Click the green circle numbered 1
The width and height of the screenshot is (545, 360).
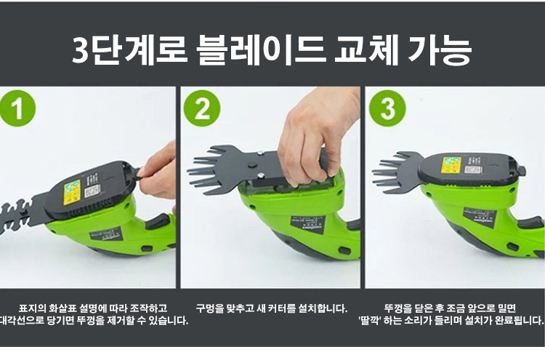(x=17, y=108)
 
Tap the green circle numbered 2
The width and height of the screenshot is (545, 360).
(x=202, y=108)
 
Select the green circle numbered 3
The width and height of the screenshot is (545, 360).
(x=387, y=108)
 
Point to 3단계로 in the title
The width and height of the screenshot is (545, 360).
(x=129, y=50)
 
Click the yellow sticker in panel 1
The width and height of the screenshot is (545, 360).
(x=72, y=192)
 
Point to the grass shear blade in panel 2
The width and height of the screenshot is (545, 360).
(x=222, y=168)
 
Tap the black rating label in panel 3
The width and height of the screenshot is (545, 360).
(x=480, y=217)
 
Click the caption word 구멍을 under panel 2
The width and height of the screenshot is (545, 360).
(x=210, y=308)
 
